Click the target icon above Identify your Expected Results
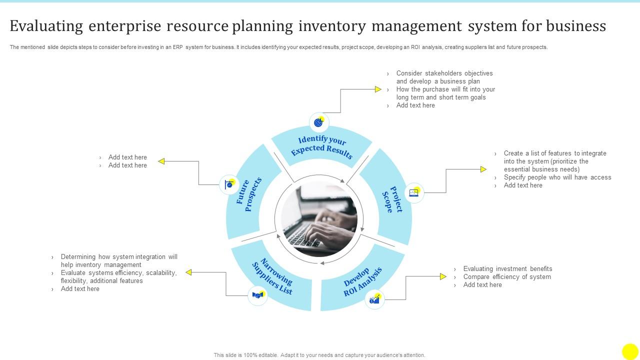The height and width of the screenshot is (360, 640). click(318, 122)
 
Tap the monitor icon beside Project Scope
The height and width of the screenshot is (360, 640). click(414, 192)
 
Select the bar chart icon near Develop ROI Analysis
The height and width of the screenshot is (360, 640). click(374, 299)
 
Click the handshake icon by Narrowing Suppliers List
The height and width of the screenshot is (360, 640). click(257, 295)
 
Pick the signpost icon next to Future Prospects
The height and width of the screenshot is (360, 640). click(229, 184)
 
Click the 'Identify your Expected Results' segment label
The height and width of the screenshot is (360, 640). click(322, 145)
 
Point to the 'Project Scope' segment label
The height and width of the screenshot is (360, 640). click(393, 199)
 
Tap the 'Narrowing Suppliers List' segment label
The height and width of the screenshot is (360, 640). click(273, 276)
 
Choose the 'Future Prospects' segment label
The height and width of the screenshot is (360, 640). click(249, 194)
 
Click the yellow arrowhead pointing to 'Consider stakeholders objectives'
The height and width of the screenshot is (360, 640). click(378, 89)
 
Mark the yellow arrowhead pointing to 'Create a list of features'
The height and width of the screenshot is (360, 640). click(483, 169)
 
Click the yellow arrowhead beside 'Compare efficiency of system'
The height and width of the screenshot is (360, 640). click(443, 276)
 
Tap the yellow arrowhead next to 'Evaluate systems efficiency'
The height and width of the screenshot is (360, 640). click(189, 272)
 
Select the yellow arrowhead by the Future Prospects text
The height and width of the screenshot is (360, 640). click(161, 161)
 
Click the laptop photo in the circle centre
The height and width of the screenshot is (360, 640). click(319, 219)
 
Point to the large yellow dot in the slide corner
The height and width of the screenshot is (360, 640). click(630, 351)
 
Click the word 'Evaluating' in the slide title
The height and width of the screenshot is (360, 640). click(46, 26)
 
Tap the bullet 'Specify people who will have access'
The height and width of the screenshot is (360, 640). click(557, 177)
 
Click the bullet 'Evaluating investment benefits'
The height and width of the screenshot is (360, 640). click(507, 269)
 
